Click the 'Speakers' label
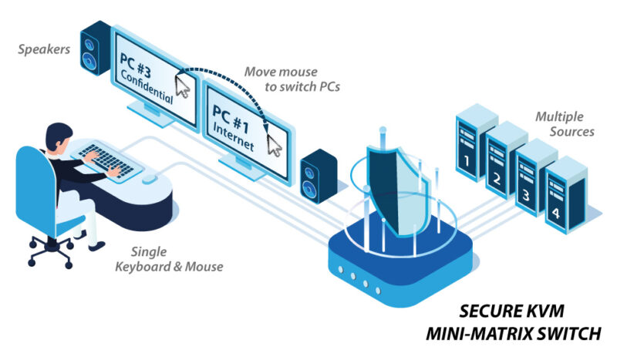pos(44,50)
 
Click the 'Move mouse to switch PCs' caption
pos(292,79)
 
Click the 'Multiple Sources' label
pos(565,124)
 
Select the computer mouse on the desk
pos(150,180)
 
